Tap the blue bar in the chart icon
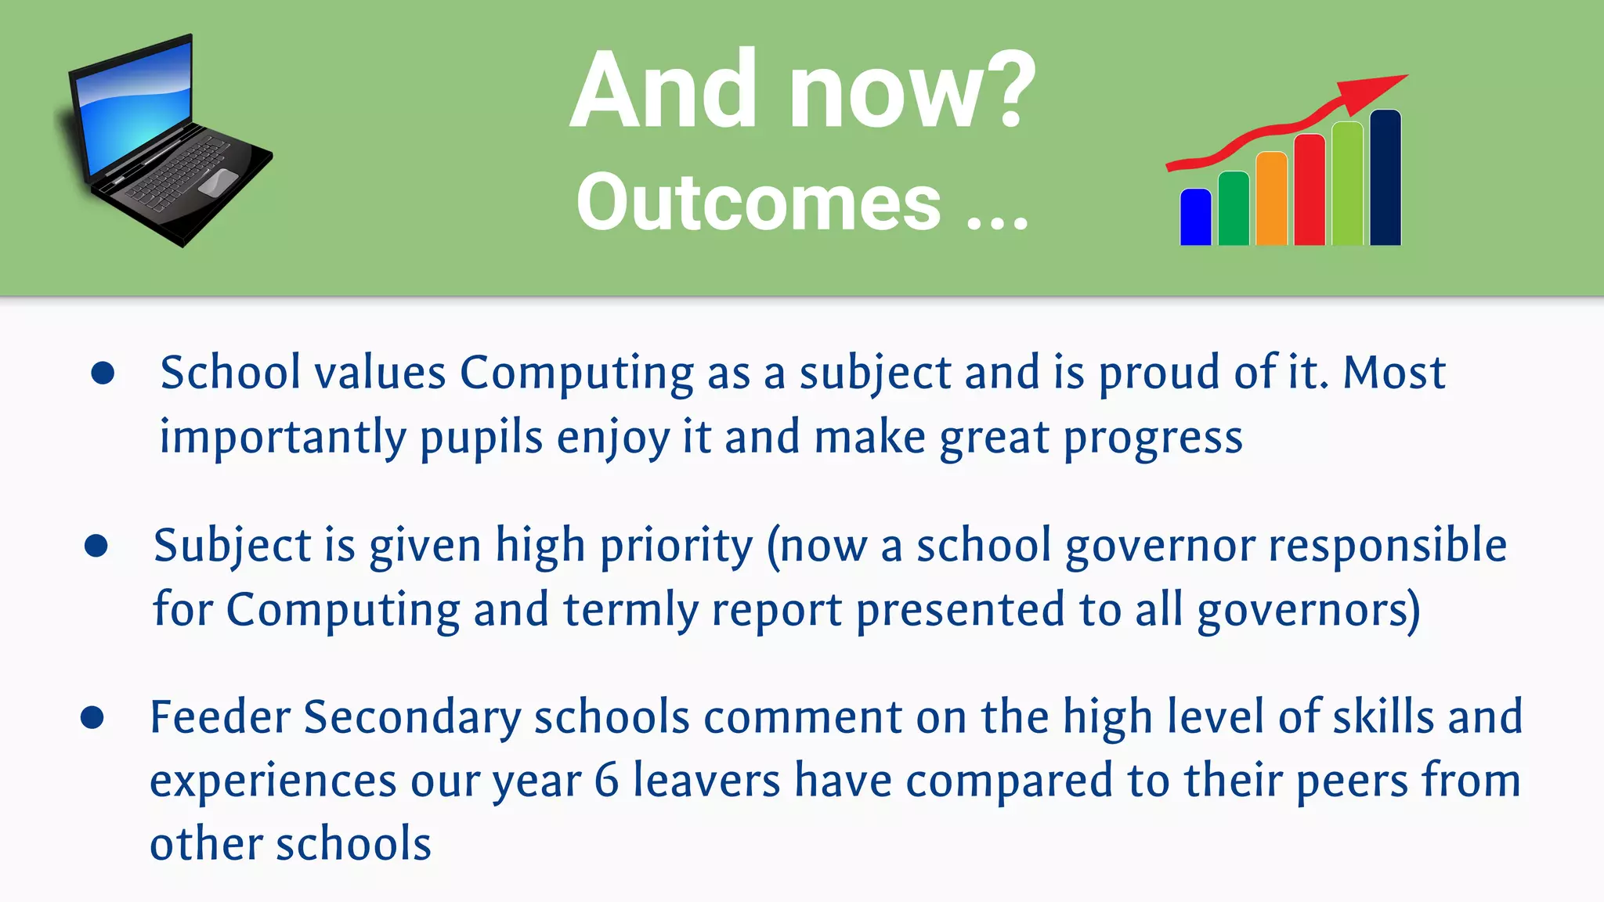1195,218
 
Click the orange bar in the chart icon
1270,200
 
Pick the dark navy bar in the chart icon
1385,179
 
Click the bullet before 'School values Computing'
103,373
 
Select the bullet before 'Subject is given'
96,546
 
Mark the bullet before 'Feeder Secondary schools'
92,717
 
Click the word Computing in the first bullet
576,373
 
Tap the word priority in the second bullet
676,547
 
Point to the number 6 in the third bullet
606,781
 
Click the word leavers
706,781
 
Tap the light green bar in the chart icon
1347,184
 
